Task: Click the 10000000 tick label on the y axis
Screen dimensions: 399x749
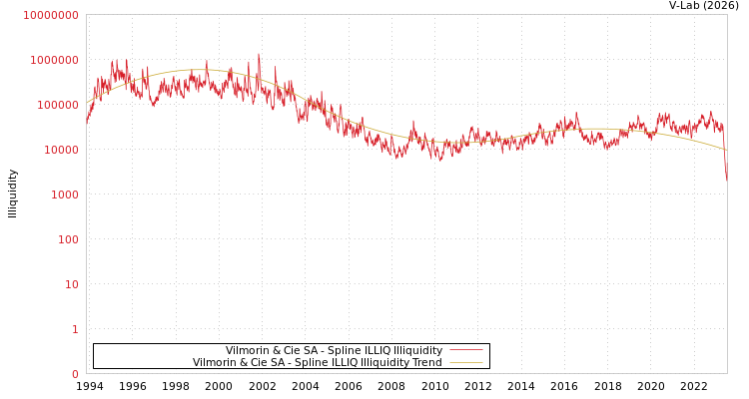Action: coord(51,15)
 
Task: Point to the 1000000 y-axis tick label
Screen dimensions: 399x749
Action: coord(54,60)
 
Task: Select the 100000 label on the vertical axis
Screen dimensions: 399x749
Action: coord(57,105)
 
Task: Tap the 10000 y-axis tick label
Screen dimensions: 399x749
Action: coord(60,150)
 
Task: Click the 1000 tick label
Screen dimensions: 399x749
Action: coord(63,195)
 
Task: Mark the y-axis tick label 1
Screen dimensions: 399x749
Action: coord(74,329)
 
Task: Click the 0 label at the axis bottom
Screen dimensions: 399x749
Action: coord(74,374)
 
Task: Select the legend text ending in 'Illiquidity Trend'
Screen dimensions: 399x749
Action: coord(318,362)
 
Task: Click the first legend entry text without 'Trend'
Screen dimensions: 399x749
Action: coord(334,350)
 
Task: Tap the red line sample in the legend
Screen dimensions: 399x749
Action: coord(465,350)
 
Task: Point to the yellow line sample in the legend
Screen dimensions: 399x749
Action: coord(465,362)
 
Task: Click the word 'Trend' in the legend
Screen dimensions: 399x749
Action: coord(425,362)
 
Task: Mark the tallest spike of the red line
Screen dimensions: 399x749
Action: coord(259,55)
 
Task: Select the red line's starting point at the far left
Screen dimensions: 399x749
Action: coord(87,124)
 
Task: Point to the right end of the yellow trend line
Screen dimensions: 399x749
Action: coord(726,150)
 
